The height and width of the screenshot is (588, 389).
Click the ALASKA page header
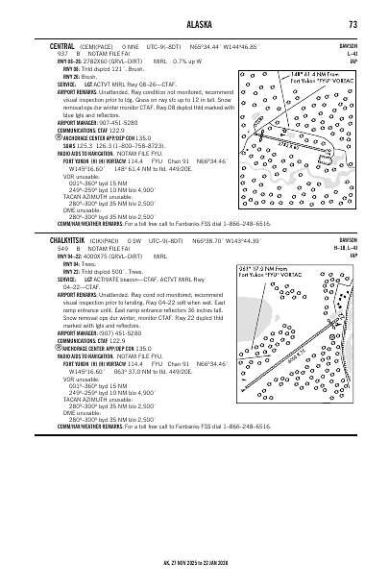(193, 25)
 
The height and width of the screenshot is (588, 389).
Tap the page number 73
(353, 25)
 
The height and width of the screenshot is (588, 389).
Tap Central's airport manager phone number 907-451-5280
(116, 123)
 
